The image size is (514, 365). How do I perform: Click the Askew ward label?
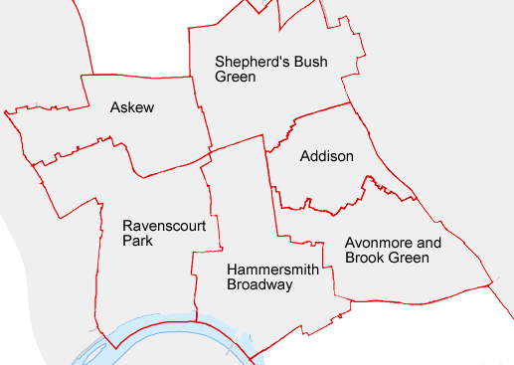tap(132, 107)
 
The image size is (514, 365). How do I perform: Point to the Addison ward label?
tap(326, 156)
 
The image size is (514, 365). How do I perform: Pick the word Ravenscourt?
tap(164, 225)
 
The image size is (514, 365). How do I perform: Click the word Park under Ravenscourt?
tap(138, 240)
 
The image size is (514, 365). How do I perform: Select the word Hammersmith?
tap(273, 270)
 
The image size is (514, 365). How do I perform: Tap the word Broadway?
tap(259, 284)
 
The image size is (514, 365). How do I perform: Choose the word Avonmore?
tap(378, 243)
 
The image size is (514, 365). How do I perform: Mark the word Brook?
tap(364, 258)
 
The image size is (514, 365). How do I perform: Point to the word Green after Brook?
tap(409, 258)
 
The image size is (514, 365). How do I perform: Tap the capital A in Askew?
tap(115, 107)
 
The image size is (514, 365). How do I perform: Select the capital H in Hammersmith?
tap(232, 270)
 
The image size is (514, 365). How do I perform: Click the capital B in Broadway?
tap(232, 284)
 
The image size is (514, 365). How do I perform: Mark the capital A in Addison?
tap(304, 156)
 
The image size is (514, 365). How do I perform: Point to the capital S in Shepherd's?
tap(220, 62)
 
